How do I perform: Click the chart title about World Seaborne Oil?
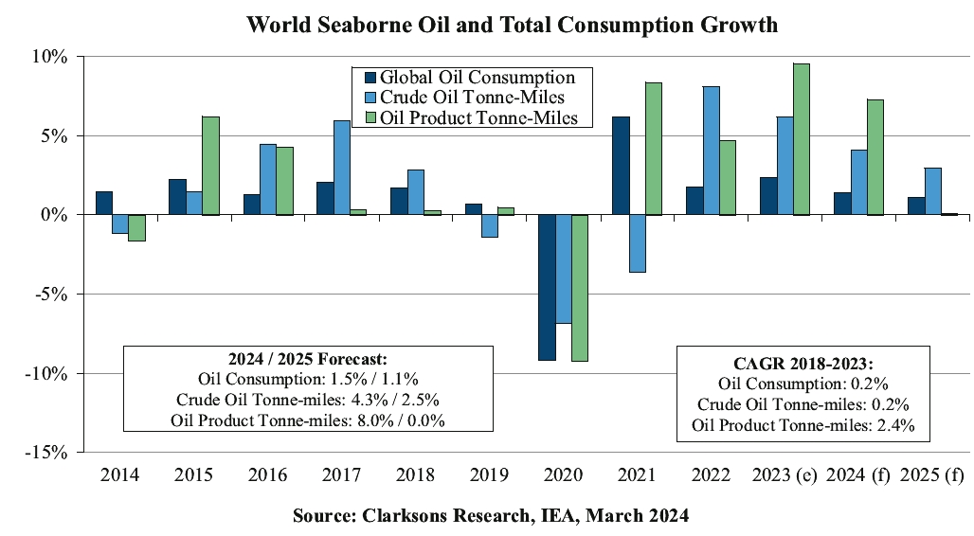point(512,25)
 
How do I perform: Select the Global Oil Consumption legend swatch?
point(370,78)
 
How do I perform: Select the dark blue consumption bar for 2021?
point(621,166)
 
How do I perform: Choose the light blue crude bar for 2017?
point(342,168)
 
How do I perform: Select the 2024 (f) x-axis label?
point(856,474)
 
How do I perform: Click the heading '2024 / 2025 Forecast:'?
point(308,359)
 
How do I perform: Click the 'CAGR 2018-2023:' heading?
point(803,364)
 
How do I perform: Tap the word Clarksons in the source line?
point(401,516)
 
